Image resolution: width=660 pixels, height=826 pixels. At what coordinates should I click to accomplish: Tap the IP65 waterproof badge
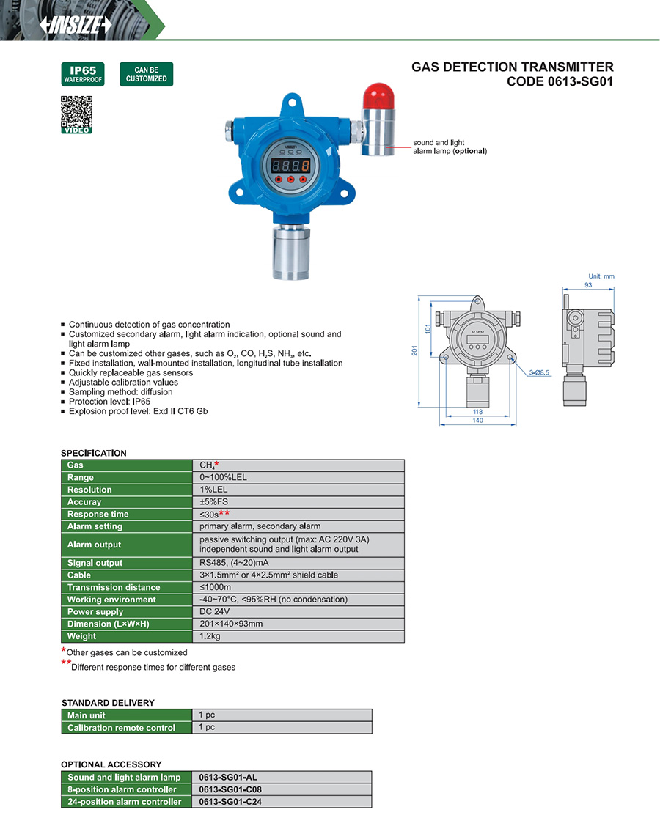click(82, 74)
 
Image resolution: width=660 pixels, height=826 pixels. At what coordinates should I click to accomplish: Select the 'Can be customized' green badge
click(146, 74)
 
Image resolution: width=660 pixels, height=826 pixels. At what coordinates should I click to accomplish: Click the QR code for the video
click(76, 111)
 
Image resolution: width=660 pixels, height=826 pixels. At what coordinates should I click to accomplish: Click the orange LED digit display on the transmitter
click(290, 165)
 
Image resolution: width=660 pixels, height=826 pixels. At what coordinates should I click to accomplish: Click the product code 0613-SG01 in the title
click(560, 81)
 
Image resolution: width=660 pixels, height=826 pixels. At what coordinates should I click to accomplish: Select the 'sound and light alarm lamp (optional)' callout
click(449, 147)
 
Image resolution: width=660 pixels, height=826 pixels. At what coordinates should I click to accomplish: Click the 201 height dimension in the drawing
click(416, 352)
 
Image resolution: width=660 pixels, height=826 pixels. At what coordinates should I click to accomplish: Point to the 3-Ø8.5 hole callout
click(539, 372)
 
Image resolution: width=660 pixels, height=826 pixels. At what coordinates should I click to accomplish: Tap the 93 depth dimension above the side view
click(587, 284)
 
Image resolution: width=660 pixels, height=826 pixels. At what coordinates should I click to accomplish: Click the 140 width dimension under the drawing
click(477, 421)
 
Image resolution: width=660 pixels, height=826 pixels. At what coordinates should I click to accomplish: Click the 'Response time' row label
click(98, 514)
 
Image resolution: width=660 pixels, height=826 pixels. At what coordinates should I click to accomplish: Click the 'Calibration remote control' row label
click(121, 728)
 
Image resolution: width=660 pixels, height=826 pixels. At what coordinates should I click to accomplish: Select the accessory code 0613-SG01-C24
click(230, 802)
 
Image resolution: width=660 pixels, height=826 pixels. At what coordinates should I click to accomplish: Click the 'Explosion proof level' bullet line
click(138, 411)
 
